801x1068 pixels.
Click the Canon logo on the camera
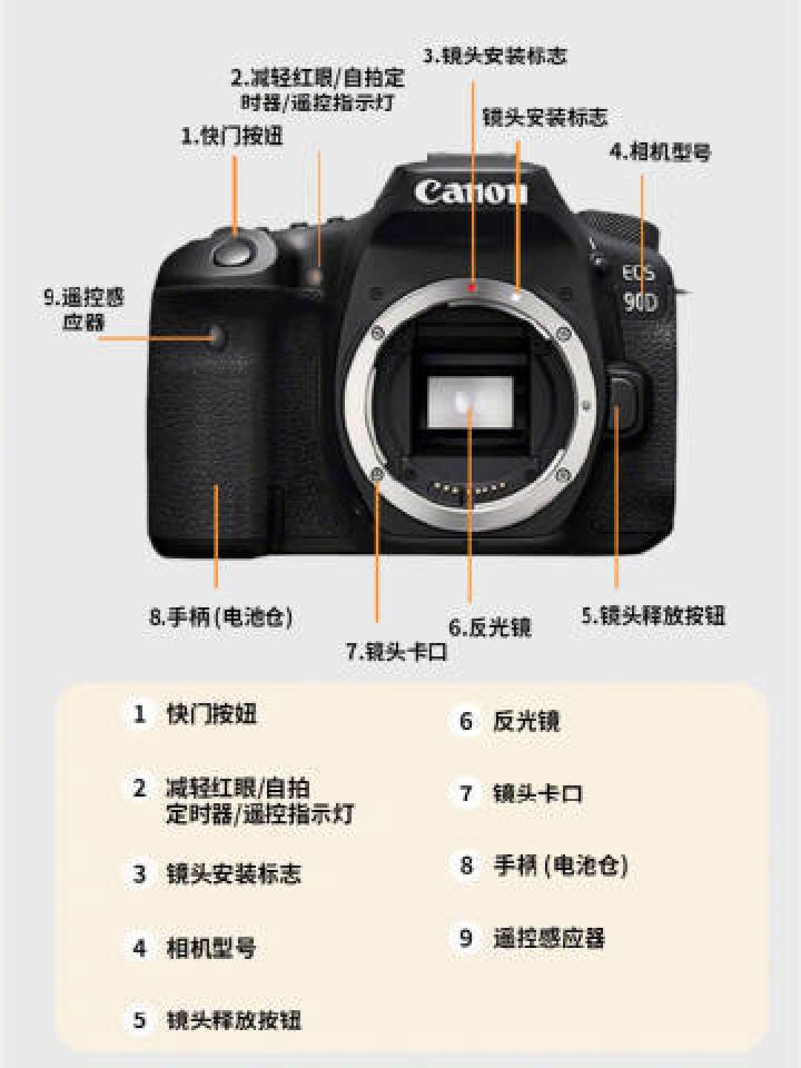471,191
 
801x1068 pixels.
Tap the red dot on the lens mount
471,288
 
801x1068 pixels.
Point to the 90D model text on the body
641,302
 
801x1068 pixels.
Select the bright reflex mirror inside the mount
469,401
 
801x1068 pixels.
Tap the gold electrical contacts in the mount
469,489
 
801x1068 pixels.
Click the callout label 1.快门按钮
232,136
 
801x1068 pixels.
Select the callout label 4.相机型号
660,152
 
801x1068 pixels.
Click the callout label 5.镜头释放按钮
653,616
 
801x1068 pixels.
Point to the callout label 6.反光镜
490,627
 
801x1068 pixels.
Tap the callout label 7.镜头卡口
396,651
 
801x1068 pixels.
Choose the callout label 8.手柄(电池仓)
221,618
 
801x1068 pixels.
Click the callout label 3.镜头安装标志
495,56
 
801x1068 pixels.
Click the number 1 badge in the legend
139,714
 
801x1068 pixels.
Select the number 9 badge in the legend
466,937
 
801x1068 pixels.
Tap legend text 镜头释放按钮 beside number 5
234,1020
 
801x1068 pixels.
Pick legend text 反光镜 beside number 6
527,721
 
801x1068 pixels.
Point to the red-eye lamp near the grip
317,277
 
